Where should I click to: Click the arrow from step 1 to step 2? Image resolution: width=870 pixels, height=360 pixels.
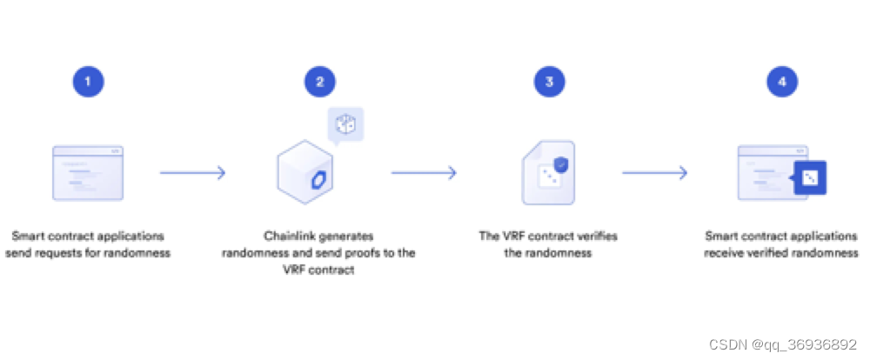click(192, 173)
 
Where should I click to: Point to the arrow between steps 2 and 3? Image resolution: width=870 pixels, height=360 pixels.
click(424, 173)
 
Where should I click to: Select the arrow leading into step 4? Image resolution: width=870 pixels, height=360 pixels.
click(655, 173)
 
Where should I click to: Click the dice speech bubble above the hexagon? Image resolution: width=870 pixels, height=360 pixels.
click(345, 124)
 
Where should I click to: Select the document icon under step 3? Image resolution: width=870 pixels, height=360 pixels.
click(547, 173)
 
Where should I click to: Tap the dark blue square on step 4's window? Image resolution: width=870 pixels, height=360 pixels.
click(810, 177)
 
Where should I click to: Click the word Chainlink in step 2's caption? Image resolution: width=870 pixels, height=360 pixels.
click(291, 237)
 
